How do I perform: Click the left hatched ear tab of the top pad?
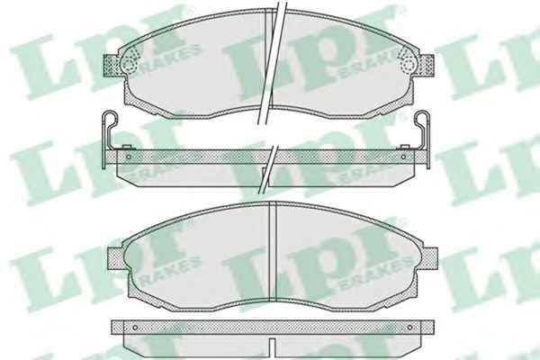(112, 65)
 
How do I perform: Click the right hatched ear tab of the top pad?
(426, 65)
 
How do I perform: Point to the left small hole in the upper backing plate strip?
(129, 157)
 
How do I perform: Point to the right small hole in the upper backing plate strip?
(403, 157)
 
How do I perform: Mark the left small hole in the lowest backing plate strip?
(135, 328)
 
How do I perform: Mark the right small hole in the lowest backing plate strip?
(409, 328)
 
